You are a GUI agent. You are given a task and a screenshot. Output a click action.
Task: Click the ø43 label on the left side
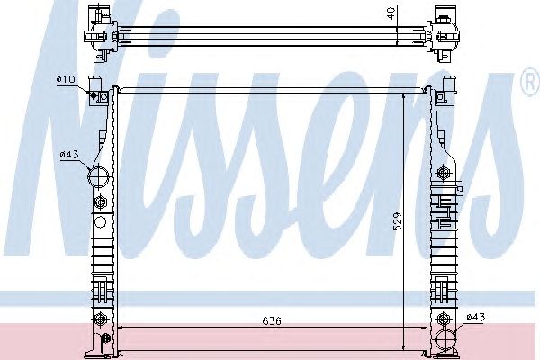(x=69, y=155)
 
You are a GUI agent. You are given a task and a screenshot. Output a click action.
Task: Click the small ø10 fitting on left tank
(x=94, y=94)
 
